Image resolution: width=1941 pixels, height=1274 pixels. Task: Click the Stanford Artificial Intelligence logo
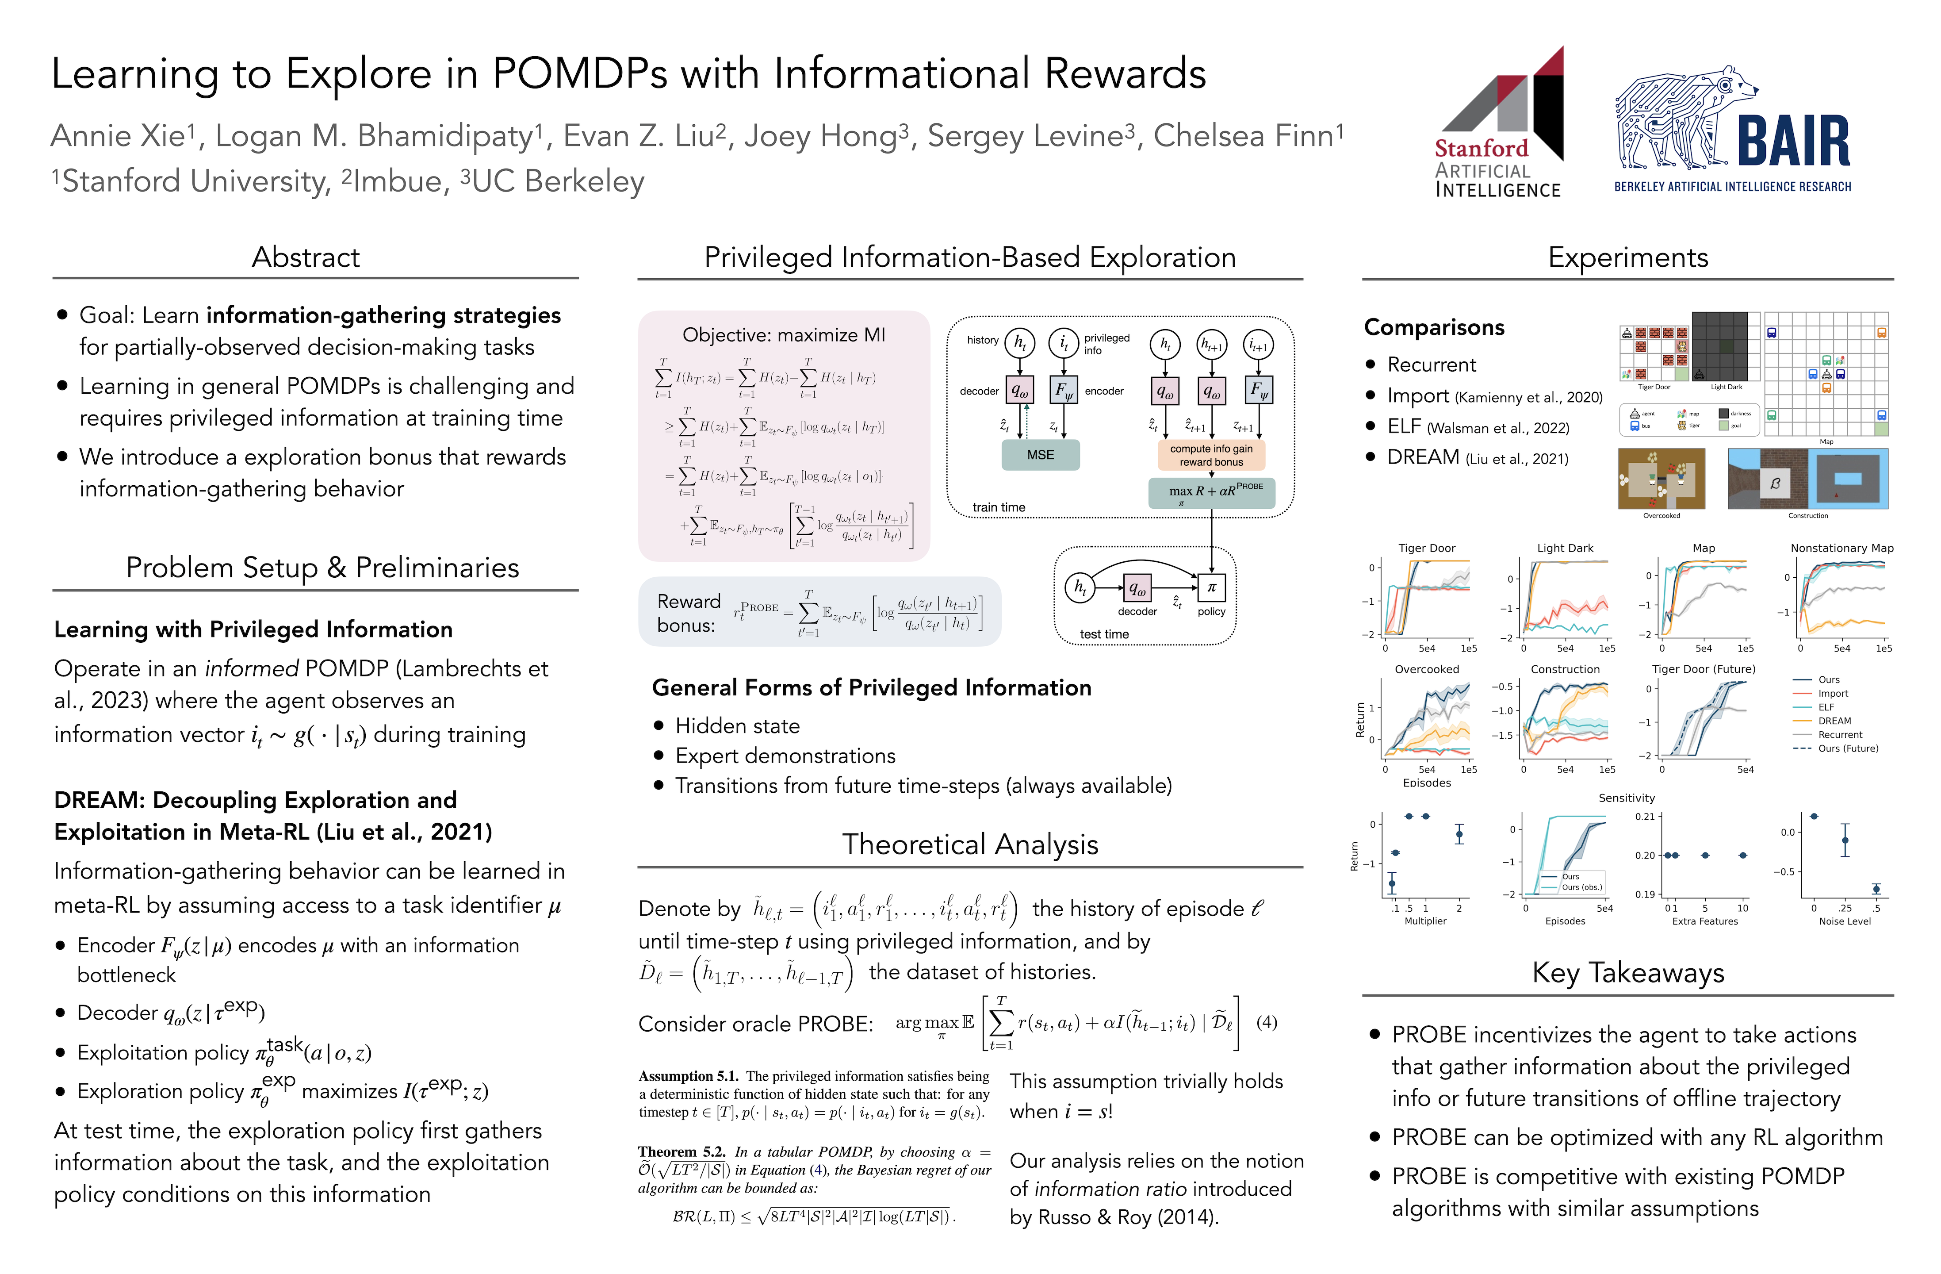1499,123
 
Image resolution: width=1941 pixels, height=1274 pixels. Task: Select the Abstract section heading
306,258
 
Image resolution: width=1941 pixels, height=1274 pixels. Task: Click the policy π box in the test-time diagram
1211,587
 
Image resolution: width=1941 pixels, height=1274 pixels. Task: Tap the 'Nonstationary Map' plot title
1841,548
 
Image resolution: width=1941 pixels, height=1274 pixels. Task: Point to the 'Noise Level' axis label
1845,921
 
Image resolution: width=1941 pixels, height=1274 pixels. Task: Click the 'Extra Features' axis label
1704,921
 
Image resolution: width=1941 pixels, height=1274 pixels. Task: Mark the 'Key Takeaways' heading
1628,973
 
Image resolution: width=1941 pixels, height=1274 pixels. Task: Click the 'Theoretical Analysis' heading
970,844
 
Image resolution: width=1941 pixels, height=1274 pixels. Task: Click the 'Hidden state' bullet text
737,726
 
